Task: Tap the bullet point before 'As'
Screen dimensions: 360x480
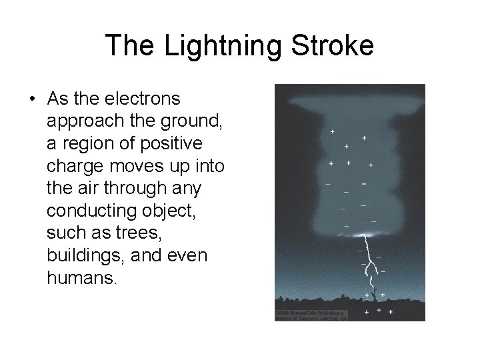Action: (32, 99)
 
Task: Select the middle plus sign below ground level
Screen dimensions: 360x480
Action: (379, 310)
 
